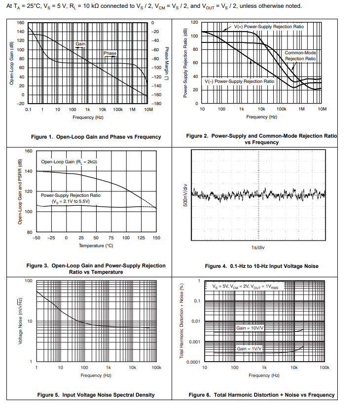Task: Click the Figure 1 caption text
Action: (96, 137)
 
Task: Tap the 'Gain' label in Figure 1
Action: (80, 44)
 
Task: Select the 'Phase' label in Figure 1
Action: (109, 53)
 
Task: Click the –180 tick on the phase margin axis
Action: (155, 104)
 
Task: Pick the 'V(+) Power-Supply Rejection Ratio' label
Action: (269, 26)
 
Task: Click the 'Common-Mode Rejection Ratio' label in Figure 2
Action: (300, 56)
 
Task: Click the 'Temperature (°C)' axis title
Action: (96, 246)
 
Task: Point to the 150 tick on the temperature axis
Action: (157, 238)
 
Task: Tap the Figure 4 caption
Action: (261, 266)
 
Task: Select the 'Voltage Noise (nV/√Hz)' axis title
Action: (20, 321)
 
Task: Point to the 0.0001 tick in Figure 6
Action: (193, 362)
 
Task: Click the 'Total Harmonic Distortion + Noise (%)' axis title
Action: (182, 321)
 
